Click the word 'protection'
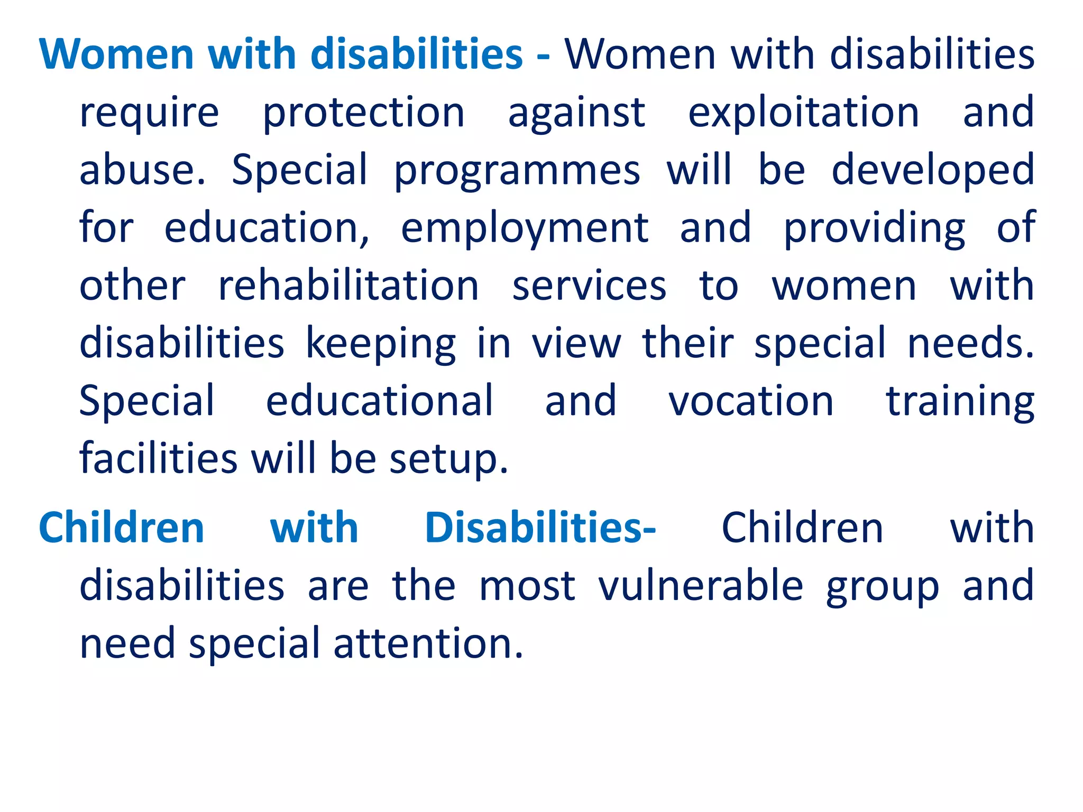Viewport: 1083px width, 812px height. (363, 113)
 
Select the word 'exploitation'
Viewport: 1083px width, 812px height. (803, 113)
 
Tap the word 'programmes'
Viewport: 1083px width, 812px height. (517, 171)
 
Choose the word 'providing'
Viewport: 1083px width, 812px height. (874, 228)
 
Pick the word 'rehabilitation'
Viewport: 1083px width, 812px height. (348, 286)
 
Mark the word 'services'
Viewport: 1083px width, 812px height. (589, 286)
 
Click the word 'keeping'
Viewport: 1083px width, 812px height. (381, 344)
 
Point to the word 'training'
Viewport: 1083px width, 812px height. (960, 402)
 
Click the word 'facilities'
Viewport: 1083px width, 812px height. (159, 458)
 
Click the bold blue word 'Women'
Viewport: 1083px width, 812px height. (117, 54)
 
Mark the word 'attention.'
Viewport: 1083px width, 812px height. (428, 643)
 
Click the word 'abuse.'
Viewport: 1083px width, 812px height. (142, 171)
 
